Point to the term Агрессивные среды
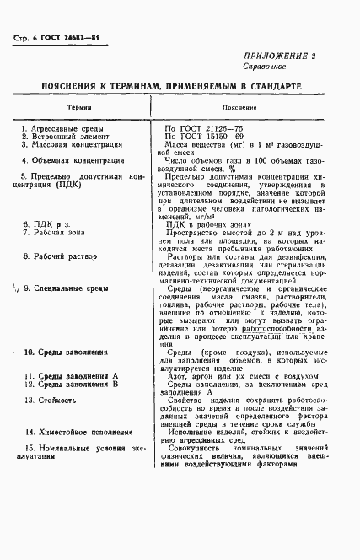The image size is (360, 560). point(68,128)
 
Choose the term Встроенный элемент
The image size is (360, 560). point(70,137)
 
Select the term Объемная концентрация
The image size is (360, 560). point(75,159)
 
